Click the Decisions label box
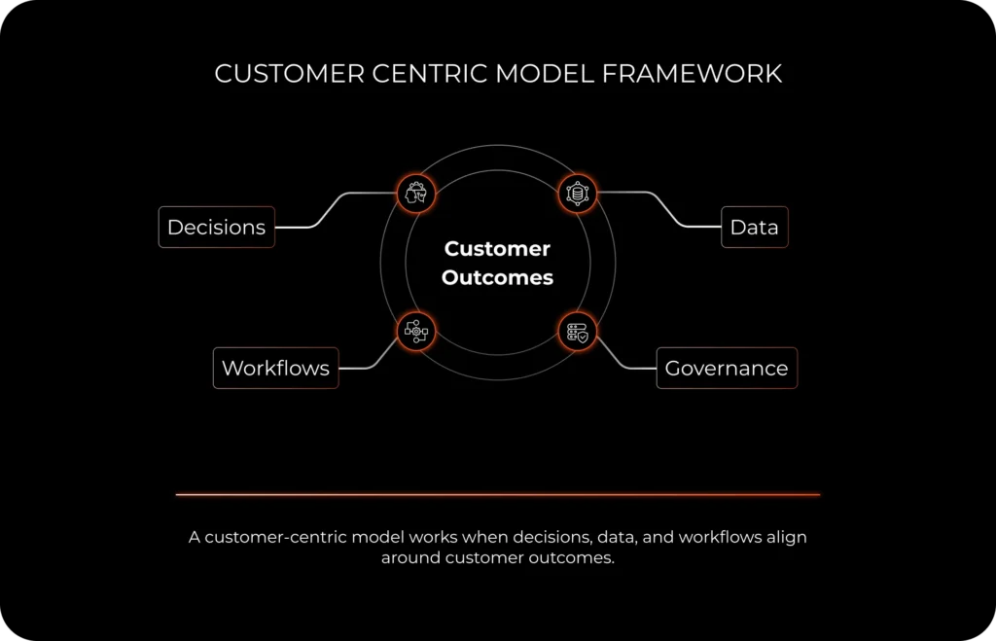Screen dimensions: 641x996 click(216, 228)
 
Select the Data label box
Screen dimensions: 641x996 click(754, 228)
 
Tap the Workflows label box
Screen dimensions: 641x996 click(275, 369)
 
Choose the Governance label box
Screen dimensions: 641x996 click(726, 369)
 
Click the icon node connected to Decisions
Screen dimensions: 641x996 click(416, 193)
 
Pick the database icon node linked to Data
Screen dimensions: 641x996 click(578, 193)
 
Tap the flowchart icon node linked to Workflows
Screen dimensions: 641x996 click(416, 332)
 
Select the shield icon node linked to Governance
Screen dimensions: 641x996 click(578, 332)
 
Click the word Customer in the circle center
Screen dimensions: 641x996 click(497, 249)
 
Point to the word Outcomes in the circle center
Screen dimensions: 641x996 click(497, 278)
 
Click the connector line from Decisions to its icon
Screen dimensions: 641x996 click(336, 208)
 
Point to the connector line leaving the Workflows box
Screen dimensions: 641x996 click(374, 361)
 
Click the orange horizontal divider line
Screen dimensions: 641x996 click(497, 494)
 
